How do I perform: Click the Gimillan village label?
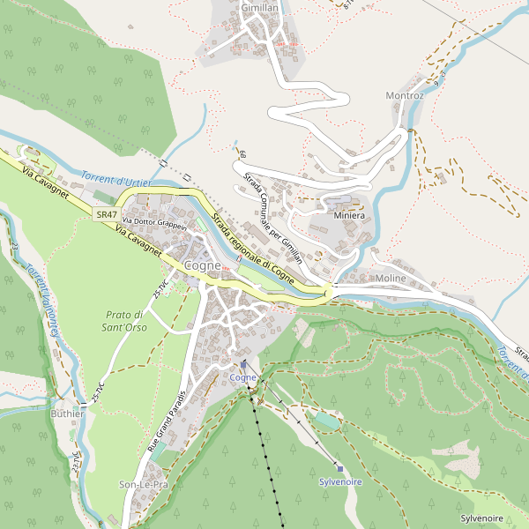259,7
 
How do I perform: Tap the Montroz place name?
405,95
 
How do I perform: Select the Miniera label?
349,215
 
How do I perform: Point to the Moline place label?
391,278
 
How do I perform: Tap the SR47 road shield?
107,214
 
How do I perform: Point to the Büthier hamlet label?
68,414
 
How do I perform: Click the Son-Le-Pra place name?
143,485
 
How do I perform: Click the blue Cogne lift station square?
244,364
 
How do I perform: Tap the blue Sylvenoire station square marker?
339,469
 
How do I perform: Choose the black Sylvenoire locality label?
481,518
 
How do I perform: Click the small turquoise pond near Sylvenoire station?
326,421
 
